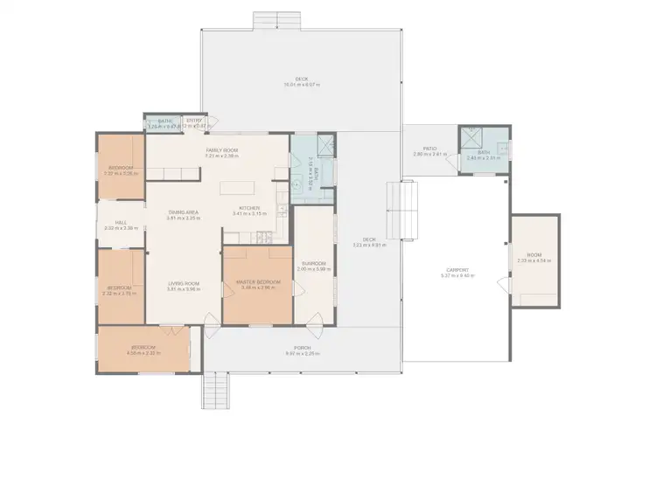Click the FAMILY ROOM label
click(222, 150)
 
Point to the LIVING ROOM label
click(185, 283)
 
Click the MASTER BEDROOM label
click(257, 282)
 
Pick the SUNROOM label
click(314, 263)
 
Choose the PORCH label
click(303, 348)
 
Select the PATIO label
click(429, 149)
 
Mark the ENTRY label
click(194, 121)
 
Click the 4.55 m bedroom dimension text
click(142, 353)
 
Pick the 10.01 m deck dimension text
click(301, 85)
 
